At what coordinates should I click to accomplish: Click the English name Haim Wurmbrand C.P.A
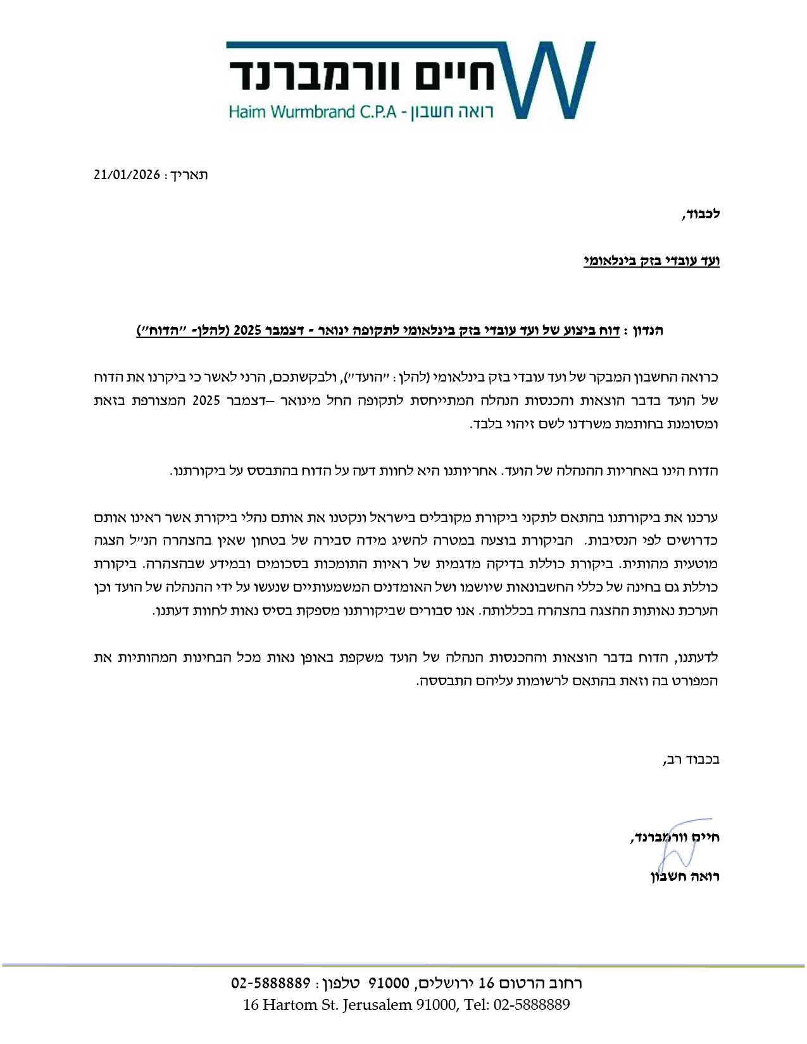tap(312, 112)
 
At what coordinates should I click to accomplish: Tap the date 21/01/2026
tap(127, 175)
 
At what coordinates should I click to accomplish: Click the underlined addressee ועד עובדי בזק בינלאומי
tap(651, 261)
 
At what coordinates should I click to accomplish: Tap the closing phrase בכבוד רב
tap(693, 759)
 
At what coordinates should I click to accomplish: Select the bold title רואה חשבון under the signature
tap(685, 877)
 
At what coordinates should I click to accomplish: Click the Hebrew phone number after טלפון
tap(270, 983)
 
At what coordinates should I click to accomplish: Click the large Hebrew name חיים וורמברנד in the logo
tap(364, 77)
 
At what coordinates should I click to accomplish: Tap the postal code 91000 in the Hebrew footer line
tap(389, 983)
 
